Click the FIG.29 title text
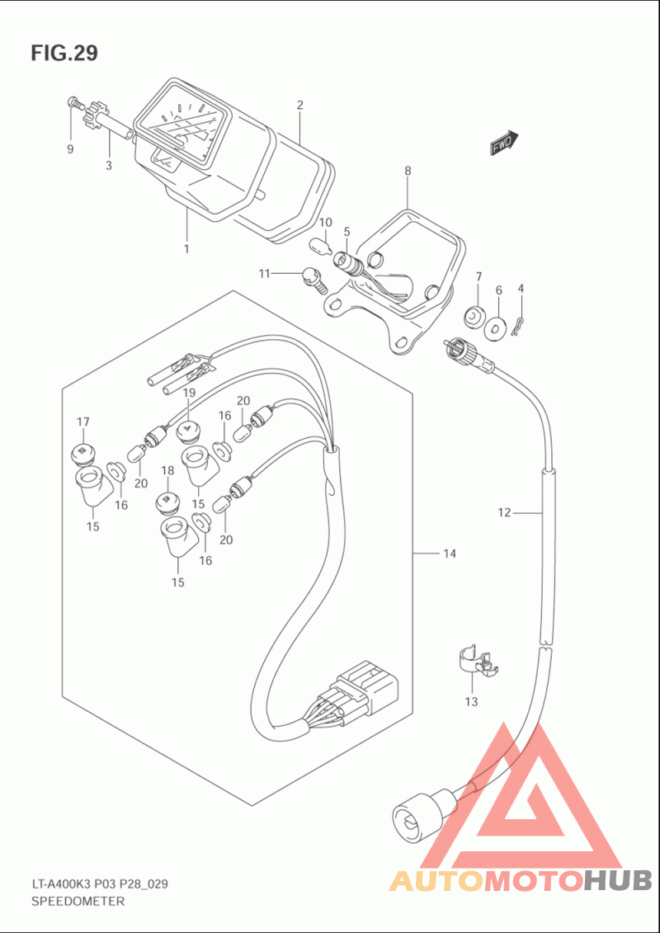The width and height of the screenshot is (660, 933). [x=65, y=53]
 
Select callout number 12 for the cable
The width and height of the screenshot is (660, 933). [x=504, y=512]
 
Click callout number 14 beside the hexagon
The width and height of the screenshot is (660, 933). [x=450, y=554]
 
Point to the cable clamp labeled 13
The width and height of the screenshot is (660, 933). [x=478, y=662]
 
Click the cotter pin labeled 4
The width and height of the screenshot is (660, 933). [x=519, y=326]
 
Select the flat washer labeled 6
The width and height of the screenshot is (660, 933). [x=495, y=328]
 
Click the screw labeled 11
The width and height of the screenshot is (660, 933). [x=314, y=280]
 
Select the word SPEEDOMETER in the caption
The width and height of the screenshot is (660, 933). [x=78, y=902]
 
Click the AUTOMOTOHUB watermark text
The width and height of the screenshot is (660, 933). [x=521, y=880]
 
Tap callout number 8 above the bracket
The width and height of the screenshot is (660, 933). [x=408, y=170]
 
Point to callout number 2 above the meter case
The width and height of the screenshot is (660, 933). [x=300, y=106]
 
